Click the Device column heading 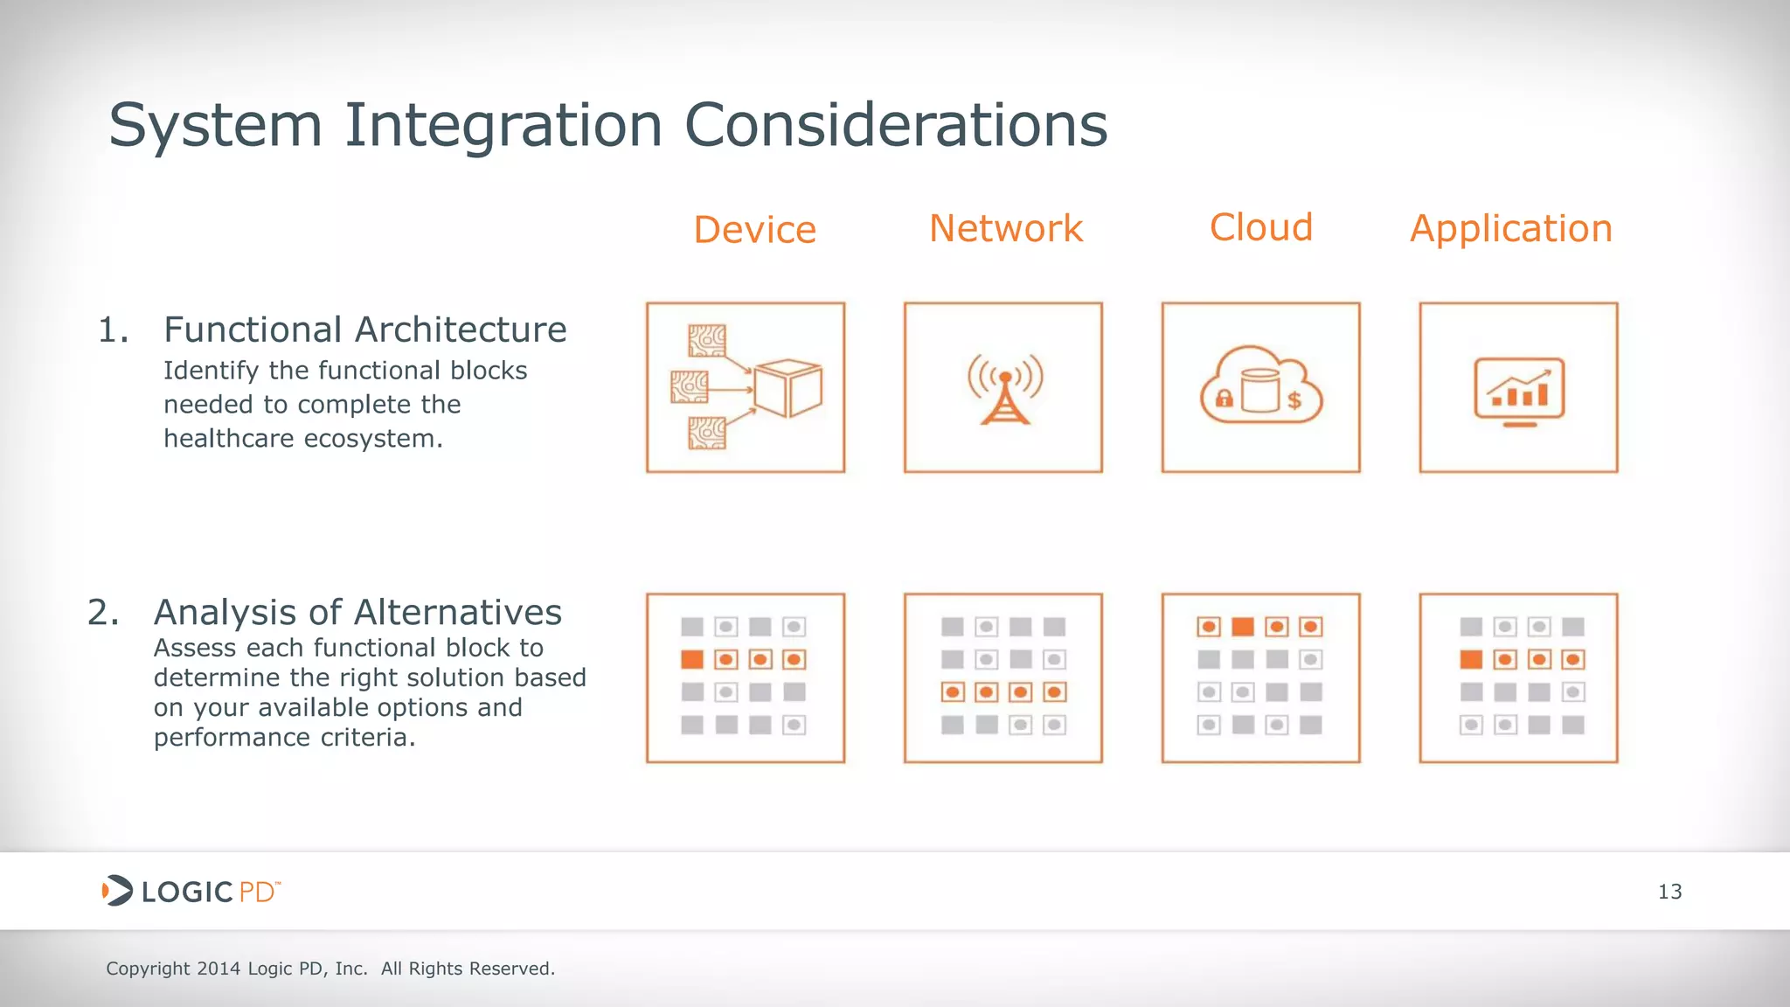click(x=754, y=230)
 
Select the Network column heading click(x=1005, y=229)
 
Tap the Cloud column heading click(x=1260, y=228)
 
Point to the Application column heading click(x=1510, y=230)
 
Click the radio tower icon click(x=1004, y=389)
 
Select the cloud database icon click(x=1260, y=387)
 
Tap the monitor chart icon click(x=1519, y=391)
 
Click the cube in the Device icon click(x=788, y=388)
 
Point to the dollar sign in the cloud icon click(x=1294, y=400)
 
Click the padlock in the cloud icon click(x=1224, y=399)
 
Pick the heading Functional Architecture click(x=365, y=330)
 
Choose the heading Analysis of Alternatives click(x=357, y=613)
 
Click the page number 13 click(x=1669, y=892)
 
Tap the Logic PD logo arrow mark click(x=116, y=891)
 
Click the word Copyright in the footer click(x=148, y=969)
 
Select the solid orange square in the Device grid click(x=692, y=659)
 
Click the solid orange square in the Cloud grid click(x=1242, y=627)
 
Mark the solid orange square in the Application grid click(x=1471, y=659)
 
